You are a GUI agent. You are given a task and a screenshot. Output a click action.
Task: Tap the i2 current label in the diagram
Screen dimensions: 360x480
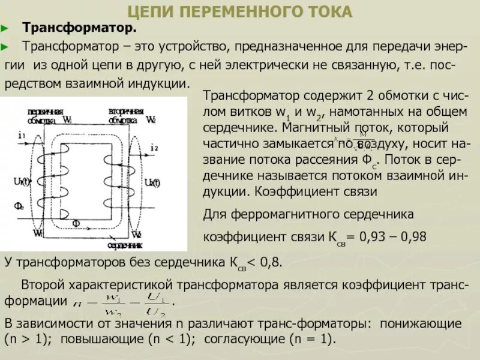click(154, 147)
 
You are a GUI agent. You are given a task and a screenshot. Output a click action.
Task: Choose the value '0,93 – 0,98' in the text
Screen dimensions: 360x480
click(392, 236)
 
